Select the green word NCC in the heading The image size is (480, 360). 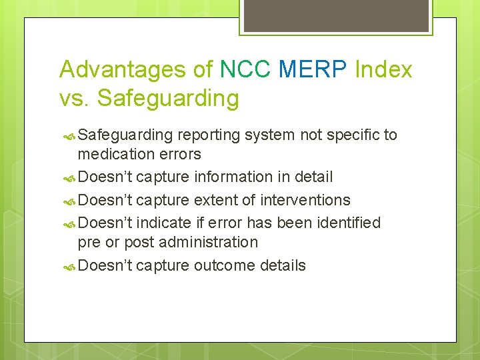[245, 69]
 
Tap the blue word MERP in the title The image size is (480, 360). [314, 69]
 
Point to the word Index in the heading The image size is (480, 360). [384, 69]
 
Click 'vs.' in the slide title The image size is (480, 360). [75, 98]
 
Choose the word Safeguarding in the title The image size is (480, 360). [168, 99]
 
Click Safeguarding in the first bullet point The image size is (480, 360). [125, 135]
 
